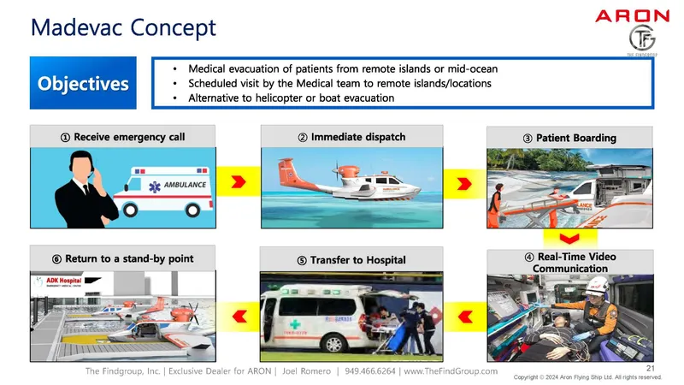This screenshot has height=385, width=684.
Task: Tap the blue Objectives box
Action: point(83,83)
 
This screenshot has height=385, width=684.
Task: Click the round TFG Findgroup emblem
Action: point(641,38)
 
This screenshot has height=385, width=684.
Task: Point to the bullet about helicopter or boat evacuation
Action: point(291,98)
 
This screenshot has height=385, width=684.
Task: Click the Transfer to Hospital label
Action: point(351,259)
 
